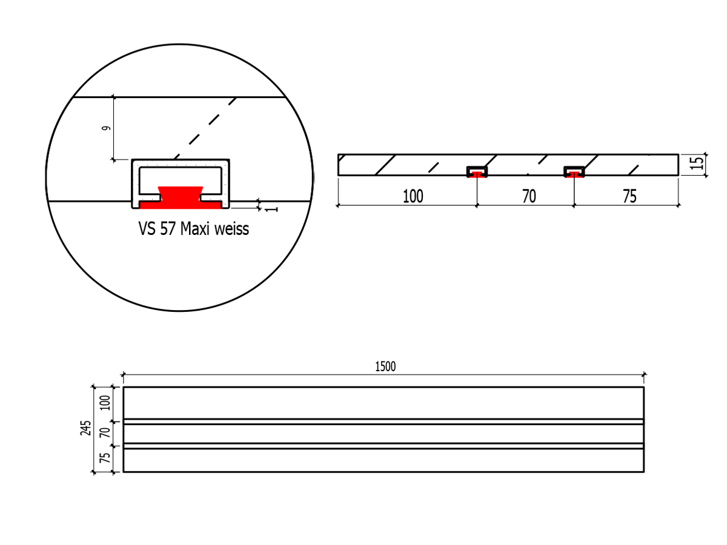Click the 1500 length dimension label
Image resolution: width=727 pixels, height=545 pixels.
(x=385, y=366)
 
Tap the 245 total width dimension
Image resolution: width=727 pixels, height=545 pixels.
(x=85, y=428)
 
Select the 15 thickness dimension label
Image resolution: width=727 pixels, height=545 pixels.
(x=697, y=163)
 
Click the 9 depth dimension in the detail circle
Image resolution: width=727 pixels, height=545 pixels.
(x=106, y=128)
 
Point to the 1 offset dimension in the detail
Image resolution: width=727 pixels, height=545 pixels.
(x=271, y=210)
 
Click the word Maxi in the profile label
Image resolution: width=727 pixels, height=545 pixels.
(x=196, y=229)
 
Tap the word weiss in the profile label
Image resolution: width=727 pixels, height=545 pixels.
(x=231, y=229)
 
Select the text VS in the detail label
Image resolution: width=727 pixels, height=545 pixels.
(x=147, y=229)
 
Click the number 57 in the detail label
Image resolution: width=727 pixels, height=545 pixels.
(x=168, y=229)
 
